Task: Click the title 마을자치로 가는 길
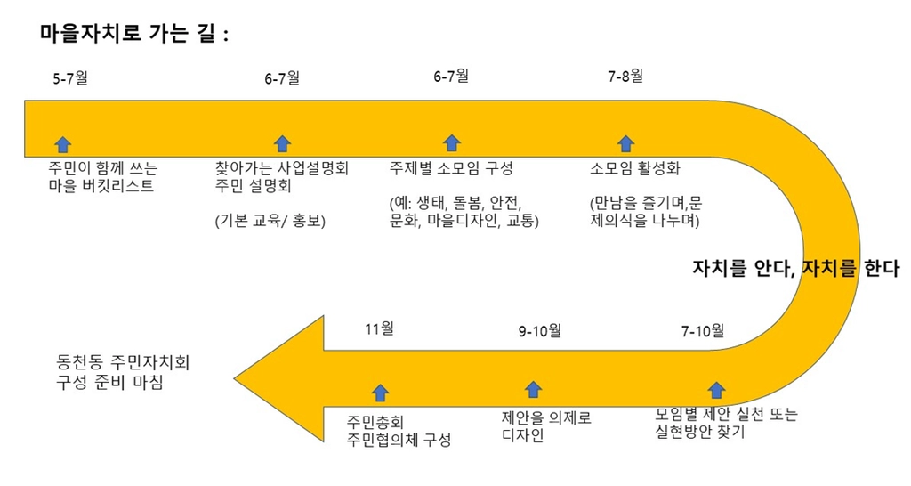point(134,34)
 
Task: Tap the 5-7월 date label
point(70,78)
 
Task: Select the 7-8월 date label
point(625,77)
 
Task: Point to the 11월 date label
point(379,328)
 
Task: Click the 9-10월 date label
point(540,331)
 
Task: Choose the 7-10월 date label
point(703,331)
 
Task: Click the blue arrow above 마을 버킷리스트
point(62,143)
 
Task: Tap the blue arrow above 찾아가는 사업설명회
point(282,143)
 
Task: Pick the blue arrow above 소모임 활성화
point(626,143)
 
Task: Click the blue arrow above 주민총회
point(381,392)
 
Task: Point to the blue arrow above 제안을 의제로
point(534,389)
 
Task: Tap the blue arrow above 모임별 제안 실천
point(716,389)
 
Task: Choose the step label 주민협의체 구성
point(399,441)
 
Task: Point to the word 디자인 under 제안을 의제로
point(523,436)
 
